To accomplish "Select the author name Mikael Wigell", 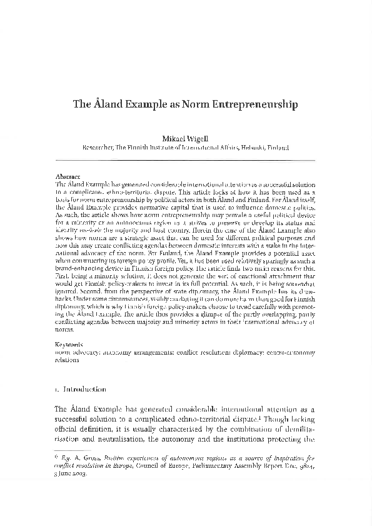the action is [186, 136].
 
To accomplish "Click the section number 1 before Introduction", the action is [57, 389].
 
